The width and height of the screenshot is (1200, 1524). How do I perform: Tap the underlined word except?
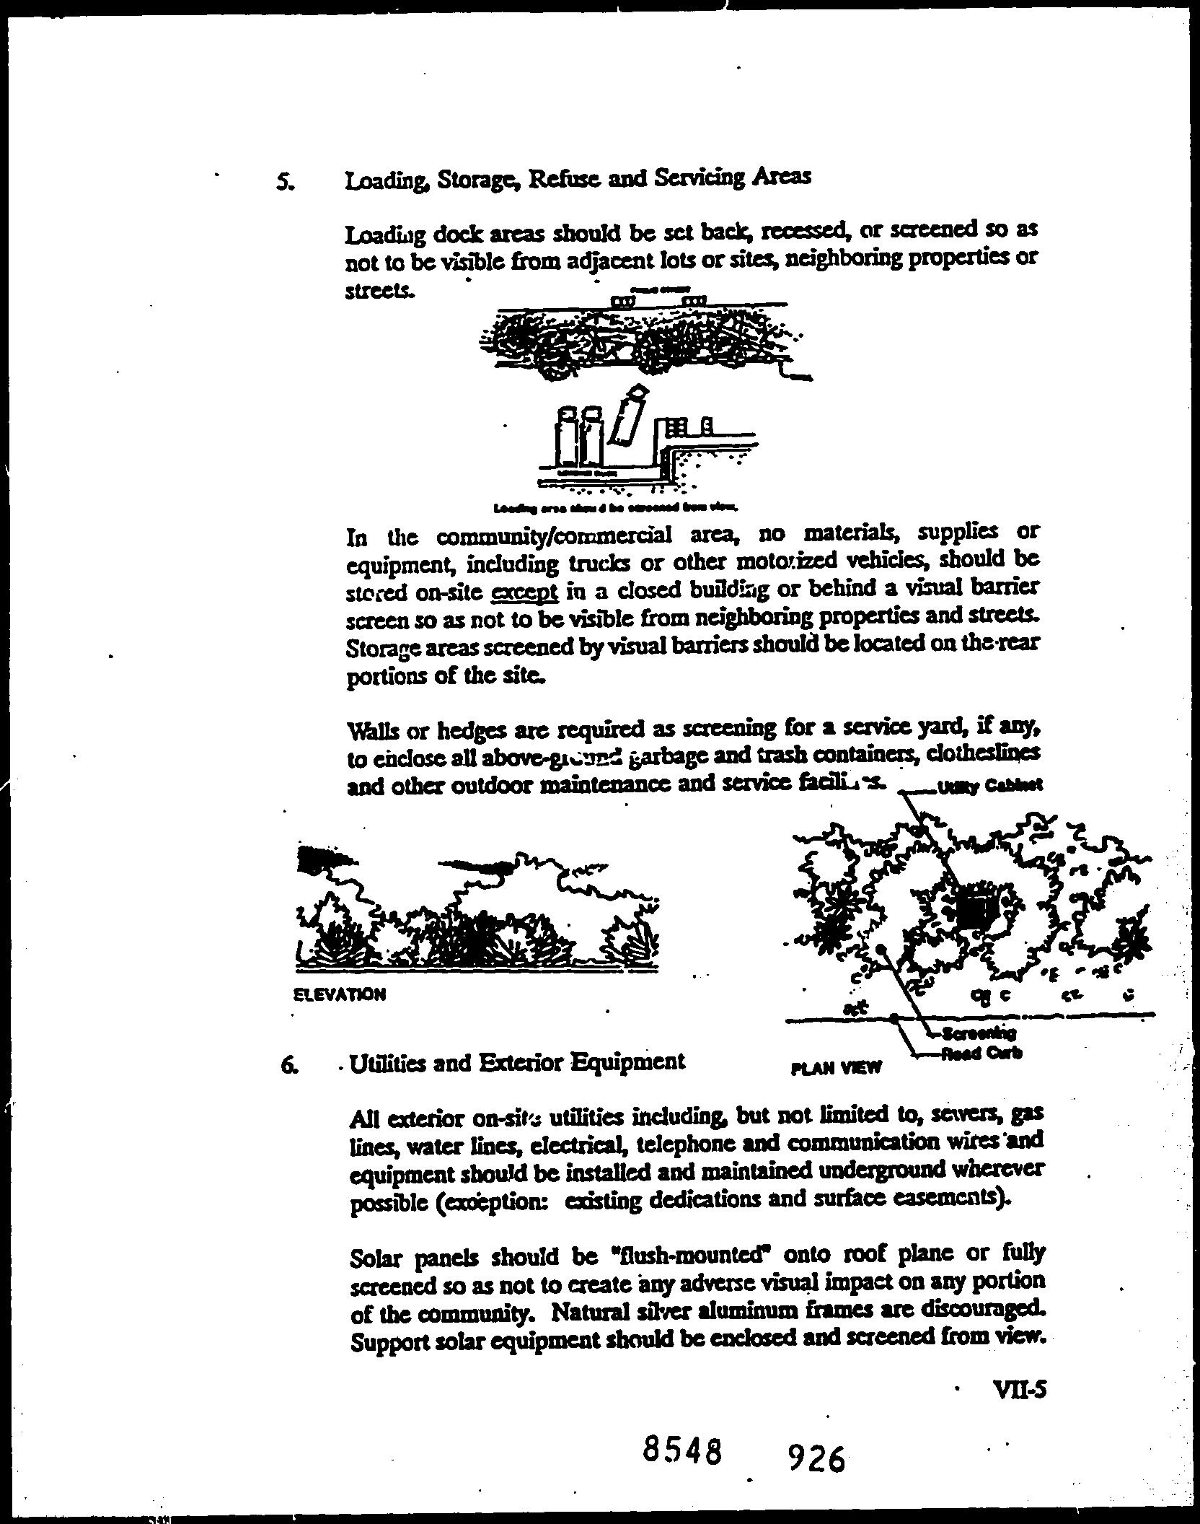point(524,592)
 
